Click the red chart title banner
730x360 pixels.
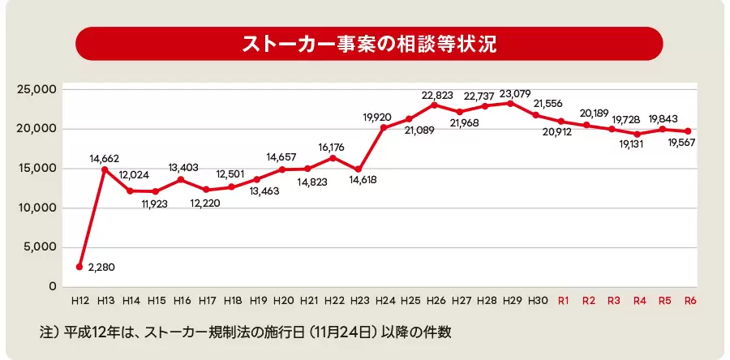(x=369, y=44)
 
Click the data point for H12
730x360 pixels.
(x=79, y=267)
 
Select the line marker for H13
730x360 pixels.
(x=105, y=169)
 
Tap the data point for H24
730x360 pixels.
(x=384, y=127)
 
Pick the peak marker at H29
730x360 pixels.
(x=509, y=103)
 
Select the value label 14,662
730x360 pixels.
(x=105, y=159)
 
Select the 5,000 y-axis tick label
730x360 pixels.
(x=39, y=247)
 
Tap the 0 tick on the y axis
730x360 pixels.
(x=52, y=286)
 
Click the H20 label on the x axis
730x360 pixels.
(x=283, y=301)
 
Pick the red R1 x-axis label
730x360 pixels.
(x=563, y=301)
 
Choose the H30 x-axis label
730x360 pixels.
(x=536, y=301)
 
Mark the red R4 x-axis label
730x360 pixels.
(x=639, y=301)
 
